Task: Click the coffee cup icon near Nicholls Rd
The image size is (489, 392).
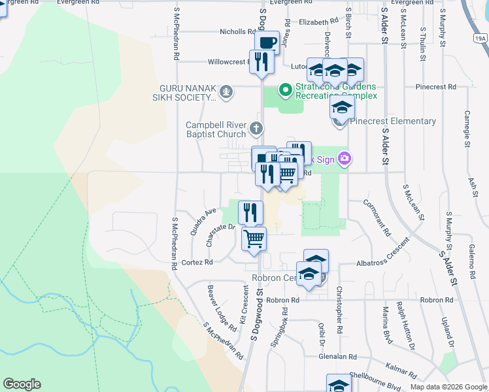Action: point(267,43)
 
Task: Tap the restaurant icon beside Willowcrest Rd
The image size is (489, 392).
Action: point(261,61)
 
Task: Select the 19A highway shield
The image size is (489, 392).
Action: point(481,39)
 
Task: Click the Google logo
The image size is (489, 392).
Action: point(22,384)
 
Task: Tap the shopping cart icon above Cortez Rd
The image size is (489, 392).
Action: point(254,238)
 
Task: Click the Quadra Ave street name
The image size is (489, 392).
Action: point(203,221)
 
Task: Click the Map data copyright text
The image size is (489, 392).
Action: point(448,387)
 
